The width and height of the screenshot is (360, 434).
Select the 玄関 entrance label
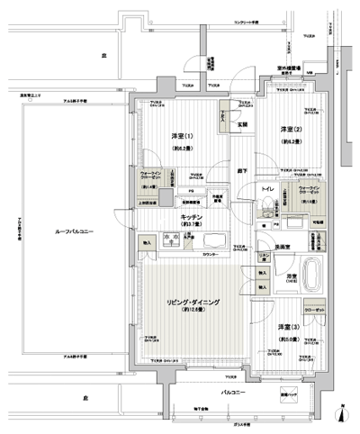click(242, 123)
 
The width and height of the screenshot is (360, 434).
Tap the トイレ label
click(267, 190)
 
